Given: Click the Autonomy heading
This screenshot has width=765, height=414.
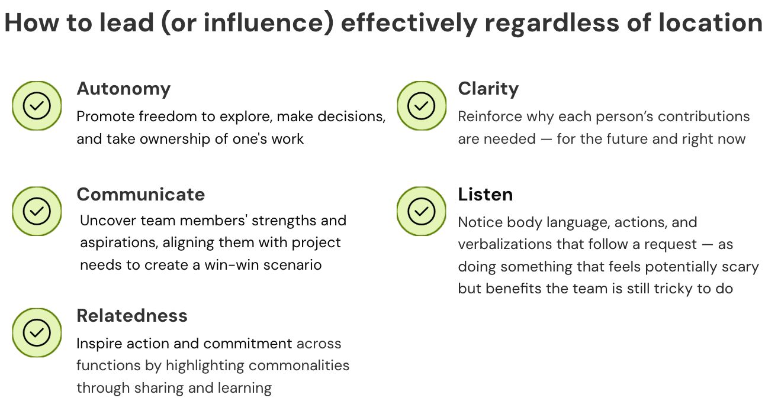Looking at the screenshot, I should pos(123,89).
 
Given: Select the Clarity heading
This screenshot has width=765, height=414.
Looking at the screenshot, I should pos(488,89).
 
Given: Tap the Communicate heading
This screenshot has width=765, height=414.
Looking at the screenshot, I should pos(140,195).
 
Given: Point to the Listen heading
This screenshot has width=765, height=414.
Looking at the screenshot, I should pos(485,195).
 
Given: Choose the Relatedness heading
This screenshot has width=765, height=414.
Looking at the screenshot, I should pos(131,316).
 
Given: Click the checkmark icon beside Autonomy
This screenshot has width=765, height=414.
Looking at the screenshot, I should pos(37,106).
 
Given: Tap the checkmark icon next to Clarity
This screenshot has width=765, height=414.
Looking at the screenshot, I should pos(421,106).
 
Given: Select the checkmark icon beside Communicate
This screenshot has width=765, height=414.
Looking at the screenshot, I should pos(37,211).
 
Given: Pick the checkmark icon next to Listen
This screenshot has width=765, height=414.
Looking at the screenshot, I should pos(421,211).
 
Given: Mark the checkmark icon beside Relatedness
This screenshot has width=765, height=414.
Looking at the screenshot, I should pos(37,332).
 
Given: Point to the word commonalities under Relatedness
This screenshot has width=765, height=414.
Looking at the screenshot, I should pos(299,366).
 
